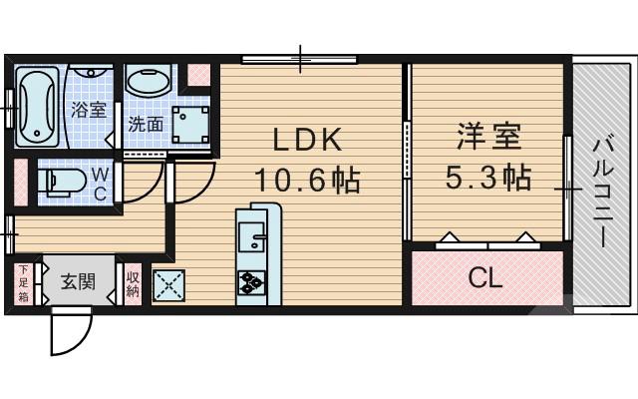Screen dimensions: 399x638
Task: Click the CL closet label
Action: [x=485, y=277]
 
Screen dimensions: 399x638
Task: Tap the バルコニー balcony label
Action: [x=603, y=190]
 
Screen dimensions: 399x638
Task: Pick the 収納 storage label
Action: [x=133, y=283]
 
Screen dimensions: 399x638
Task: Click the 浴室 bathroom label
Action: [x=88, y=112]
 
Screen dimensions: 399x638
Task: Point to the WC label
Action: [x=100, y=184]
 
